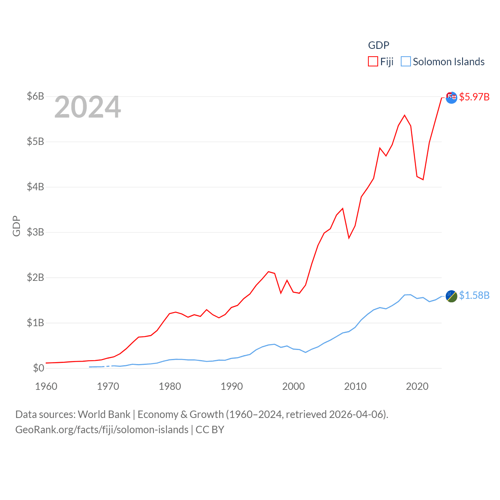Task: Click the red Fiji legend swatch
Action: click(373, 62)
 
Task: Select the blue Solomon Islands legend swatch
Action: click(406, 62)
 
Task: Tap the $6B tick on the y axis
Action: click(35, 96)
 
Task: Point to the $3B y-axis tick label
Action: click(35, 232)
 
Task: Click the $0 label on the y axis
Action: click(38, 368)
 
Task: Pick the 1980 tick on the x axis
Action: click(170, 386)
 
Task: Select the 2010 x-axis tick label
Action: click(355, 386)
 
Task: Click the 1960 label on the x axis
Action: click(46, 386)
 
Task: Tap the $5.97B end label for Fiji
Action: click(474, 97)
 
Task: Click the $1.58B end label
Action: click(474, 295)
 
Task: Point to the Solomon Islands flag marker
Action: click(451, 296)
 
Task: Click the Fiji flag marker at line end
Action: click(451, 97)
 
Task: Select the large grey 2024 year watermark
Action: click(87, 107)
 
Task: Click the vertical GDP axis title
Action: click(16, 226)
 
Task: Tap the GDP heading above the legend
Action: click(379, 45)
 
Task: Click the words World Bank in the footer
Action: click(104, 414)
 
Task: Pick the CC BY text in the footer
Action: click(210, 430)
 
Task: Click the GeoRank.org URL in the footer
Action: click(102, 430)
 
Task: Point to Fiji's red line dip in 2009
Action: click(349, 238)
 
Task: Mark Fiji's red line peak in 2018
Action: click(405, 115)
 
